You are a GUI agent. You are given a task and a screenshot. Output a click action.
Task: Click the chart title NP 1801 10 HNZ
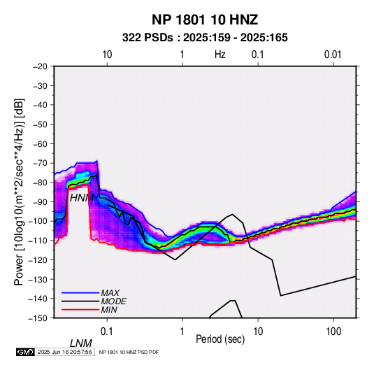205,20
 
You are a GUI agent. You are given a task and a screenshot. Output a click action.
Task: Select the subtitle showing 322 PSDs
205,38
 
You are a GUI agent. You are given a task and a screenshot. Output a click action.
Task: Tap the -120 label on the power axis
38,259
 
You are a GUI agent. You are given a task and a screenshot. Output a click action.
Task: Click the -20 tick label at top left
40,66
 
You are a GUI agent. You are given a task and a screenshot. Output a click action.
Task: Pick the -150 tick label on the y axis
38,318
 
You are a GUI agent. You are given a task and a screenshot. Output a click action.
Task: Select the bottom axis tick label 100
333,332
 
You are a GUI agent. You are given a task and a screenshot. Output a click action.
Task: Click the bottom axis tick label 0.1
107,332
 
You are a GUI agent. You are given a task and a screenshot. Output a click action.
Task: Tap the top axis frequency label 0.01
333,55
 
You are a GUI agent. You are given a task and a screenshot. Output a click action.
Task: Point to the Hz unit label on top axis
220,55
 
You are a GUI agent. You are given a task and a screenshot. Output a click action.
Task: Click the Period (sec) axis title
220,339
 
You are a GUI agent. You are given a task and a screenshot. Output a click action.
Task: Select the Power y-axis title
19,192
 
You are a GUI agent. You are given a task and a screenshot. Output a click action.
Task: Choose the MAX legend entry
110,293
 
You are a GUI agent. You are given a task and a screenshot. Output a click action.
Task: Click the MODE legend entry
113,301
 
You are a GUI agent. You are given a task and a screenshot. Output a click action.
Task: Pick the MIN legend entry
109,310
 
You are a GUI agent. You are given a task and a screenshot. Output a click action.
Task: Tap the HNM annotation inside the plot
82,198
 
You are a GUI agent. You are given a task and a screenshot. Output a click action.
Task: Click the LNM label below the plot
81,343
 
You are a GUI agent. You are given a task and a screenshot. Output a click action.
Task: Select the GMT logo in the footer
26,352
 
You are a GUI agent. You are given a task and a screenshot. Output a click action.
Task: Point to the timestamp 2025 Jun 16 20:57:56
64,352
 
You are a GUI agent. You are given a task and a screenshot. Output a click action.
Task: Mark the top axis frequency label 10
107,55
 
